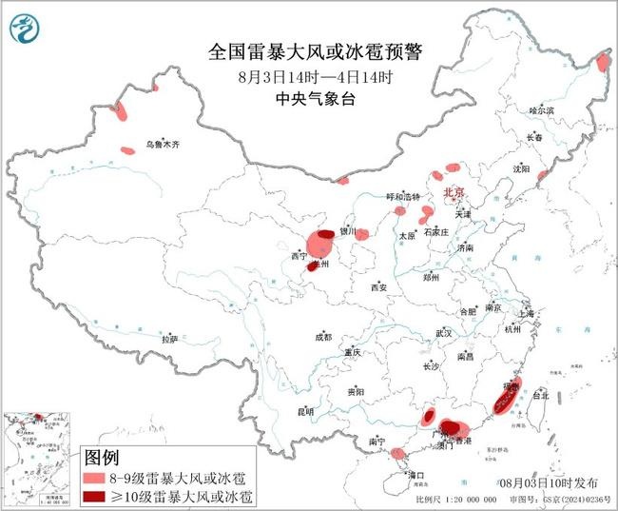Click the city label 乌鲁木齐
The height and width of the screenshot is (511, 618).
(162, 145)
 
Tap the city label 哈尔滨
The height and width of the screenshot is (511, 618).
(540, 111)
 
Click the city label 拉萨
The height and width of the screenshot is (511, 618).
(169, 339)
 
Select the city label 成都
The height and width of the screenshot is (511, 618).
(323, 336)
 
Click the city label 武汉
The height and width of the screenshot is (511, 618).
(443, 333)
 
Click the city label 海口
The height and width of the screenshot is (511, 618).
(415, 473)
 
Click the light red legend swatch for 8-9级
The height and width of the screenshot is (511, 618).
(100, 476)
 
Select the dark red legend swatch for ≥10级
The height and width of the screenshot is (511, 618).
(100, 496)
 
